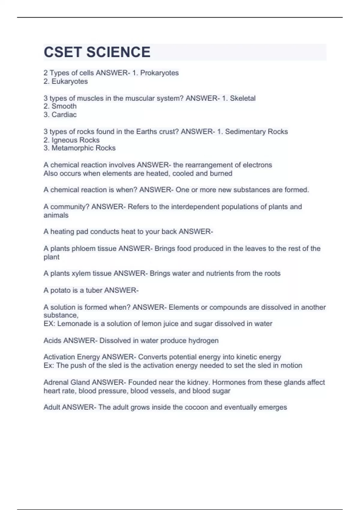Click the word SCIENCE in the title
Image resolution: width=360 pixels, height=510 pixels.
tap(118, 52)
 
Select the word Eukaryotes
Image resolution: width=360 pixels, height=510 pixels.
tap(70, 81)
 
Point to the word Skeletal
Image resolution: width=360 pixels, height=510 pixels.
tap(243, 98)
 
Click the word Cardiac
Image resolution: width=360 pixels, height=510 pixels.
tap(64, 115)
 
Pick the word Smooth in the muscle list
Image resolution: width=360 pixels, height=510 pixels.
tap(64, 106)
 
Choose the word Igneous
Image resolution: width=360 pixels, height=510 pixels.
tap(64, 140)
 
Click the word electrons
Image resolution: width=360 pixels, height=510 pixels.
tap(257, 165)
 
